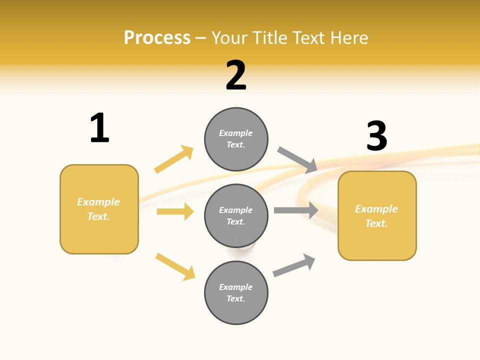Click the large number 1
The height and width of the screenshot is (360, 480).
coord(99,128)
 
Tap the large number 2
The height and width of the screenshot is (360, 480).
coord(236,75)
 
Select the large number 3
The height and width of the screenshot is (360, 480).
coord(376,136)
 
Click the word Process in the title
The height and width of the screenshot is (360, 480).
coord(157,37)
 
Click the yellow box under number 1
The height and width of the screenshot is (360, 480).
coord(99,209)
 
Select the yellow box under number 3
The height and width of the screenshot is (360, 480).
coord(377,215)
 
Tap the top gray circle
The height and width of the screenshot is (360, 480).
coord(236,139)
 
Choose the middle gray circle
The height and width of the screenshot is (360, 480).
coord(236,215)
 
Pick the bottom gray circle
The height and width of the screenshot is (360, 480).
coord(236,292)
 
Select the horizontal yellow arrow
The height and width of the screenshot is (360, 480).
coord(175,211)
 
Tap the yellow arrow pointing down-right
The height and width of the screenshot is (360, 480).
coord(175,266)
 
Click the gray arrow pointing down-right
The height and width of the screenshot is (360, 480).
coord(297,159)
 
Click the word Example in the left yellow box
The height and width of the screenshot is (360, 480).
coord(98,202)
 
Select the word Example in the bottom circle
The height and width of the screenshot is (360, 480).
coord(235,287)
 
